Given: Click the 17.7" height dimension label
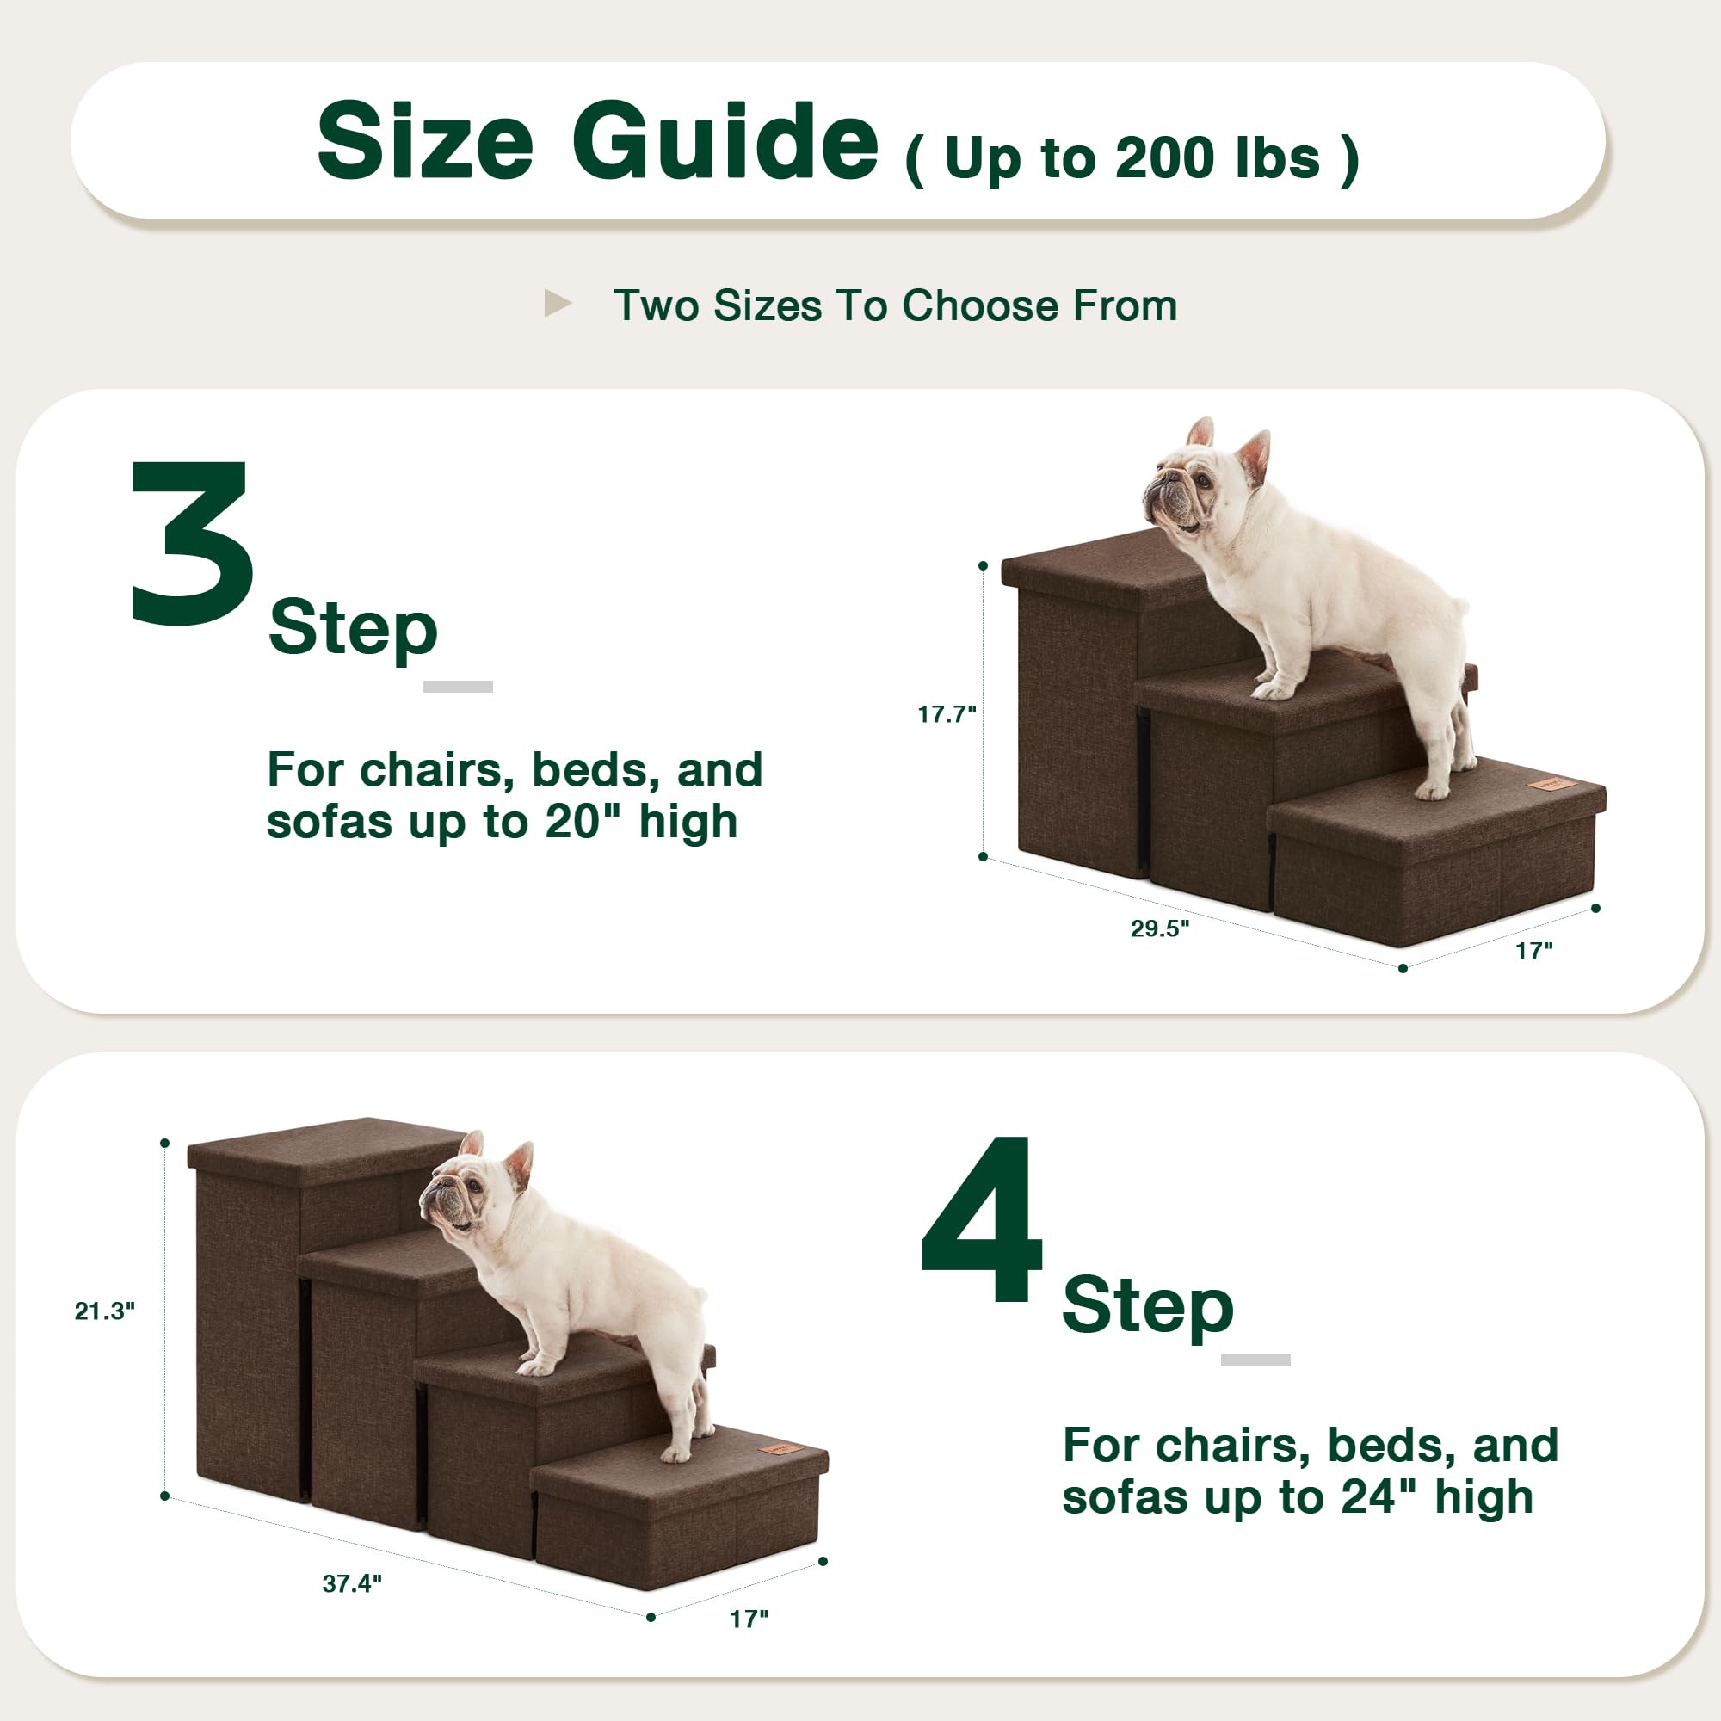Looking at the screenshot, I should [947, 714].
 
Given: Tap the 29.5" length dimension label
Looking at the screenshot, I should [1160, 928].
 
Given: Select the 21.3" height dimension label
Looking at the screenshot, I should [104, 1311].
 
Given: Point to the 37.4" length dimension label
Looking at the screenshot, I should [352, 1583].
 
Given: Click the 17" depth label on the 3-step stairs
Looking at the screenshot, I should [1534, 952].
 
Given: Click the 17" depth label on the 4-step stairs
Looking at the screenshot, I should [749, 1619].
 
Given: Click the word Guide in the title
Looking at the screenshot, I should [725, 143].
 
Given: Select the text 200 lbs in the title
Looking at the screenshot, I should [1217, 159].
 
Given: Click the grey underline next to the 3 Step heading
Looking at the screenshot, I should [458, 686].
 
